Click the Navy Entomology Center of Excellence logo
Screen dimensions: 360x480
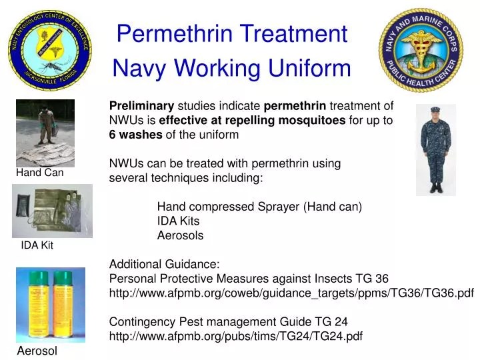(x=51, y=50)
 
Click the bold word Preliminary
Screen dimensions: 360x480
(x=141, y=105)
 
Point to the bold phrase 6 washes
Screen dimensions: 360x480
(x=135, y=135)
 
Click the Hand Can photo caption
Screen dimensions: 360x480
(x=40, y=173)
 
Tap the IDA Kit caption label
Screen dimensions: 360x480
(x=37, y=245)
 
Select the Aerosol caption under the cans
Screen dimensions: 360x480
(x=37, y=351)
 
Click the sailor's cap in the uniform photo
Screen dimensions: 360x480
(x=435, y=109)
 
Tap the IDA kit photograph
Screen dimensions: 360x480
(x=52, y=211)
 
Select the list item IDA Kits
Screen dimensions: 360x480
(x=178, y=221)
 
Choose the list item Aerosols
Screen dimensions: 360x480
(x=180, y=235)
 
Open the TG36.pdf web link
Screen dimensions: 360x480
(x=291, y=293)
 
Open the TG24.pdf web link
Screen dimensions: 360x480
(x=235, y=336)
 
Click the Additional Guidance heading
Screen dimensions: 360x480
(x=164, y=264)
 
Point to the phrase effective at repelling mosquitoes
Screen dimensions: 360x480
(x=252, y=120)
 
